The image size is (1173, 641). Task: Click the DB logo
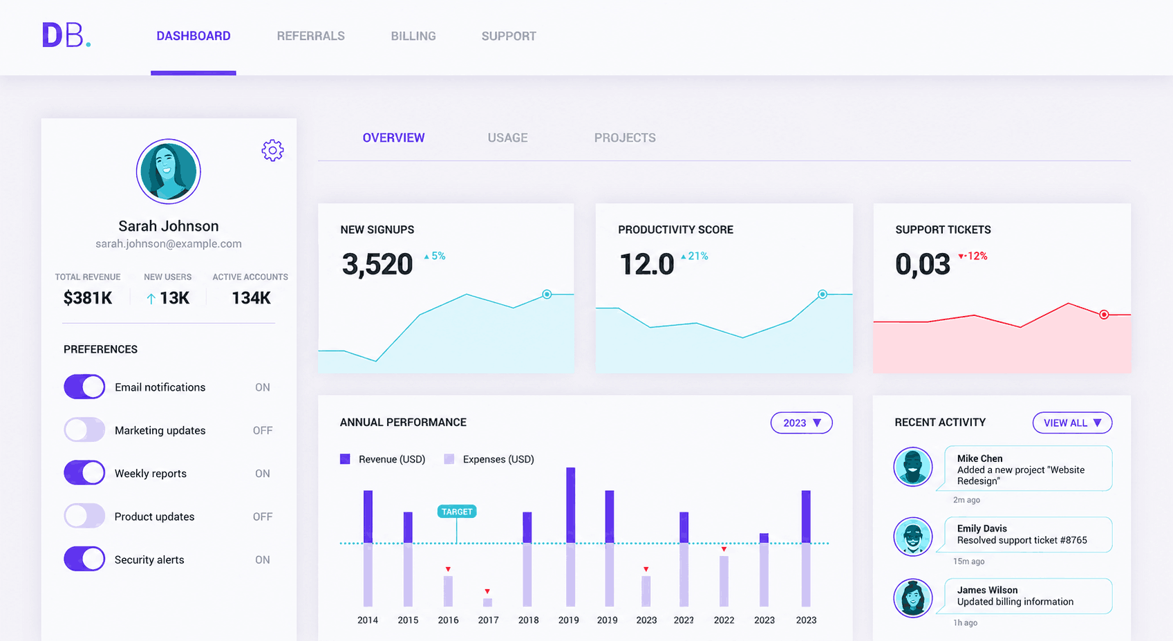[66, 35]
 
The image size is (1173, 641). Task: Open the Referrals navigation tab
[310, 36]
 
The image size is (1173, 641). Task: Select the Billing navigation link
[413, 36]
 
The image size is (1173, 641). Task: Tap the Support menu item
[509, 36]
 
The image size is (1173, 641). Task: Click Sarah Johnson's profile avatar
[168, 171]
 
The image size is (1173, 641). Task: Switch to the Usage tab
[507, 138]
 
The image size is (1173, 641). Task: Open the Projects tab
[625, 138]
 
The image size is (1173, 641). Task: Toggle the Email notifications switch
[84, 387]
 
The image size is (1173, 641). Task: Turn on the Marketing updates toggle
[84, 430]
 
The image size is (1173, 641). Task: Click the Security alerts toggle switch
[84, 559]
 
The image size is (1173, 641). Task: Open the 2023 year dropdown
[801, 422]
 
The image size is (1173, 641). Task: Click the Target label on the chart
[457, 512]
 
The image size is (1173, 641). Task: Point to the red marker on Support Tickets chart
[1104, 315]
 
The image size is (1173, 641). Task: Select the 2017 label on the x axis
[488, 620]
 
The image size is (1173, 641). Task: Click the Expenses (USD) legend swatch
[449, 459]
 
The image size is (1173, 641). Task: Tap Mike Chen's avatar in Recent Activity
[912, 467]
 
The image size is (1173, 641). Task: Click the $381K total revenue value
[88, 298]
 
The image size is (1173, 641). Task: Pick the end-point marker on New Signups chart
[547, 295]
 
